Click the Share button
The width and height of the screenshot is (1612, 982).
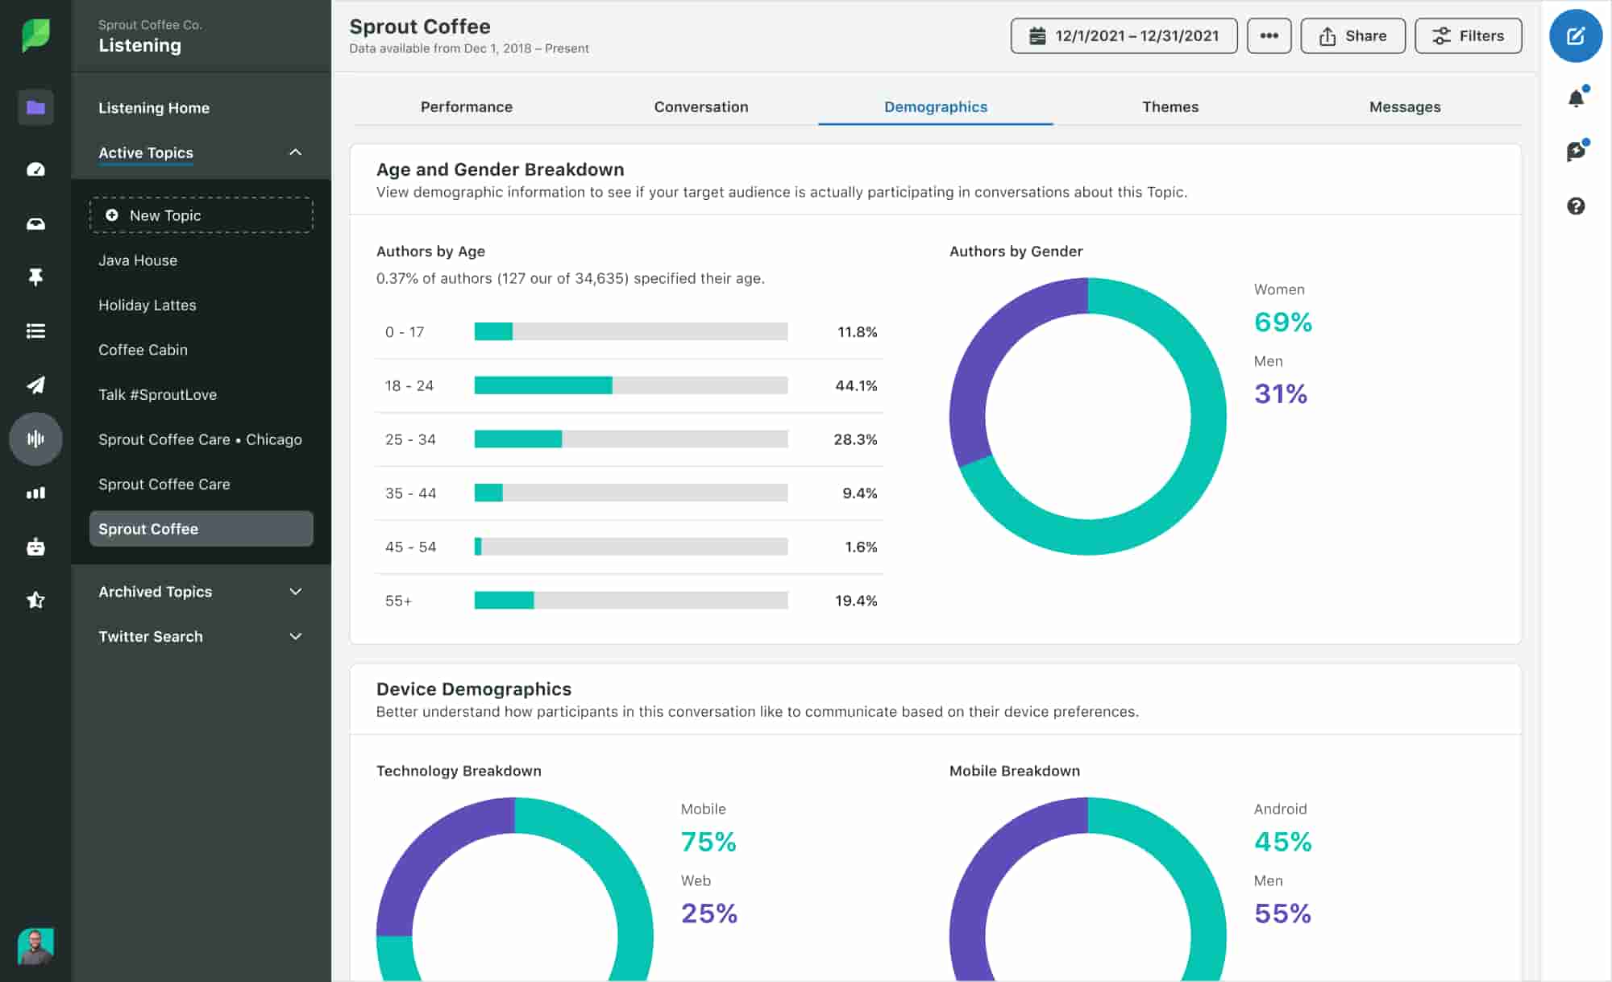(1352, 36)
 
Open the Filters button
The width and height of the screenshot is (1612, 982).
(1468, 36)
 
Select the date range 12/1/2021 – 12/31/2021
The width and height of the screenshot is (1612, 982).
(1124, 36)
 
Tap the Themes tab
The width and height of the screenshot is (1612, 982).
(1170, 107)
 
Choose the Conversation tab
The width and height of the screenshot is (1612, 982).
(700, 107)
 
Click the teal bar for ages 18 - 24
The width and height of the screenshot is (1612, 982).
(542, 385)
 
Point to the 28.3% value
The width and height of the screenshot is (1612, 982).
(855, 439)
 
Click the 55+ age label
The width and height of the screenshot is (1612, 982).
(398, 601)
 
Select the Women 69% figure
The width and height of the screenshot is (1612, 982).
(1282, 322)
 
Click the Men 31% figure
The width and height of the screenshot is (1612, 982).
(1280, 393)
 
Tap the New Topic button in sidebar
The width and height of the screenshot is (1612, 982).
(201, 215)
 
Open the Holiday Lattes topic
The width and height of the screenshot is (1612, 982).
(147, 305)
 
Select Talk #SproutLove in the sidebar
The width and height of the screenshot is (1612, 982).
(157, 394)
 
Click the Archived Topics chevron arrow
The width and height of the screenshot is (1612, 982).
(296, 592)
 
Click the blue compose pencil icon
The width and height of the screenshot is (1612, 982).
(1575, 36)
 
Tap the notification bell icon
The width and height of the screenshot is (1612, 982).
(1576, 98)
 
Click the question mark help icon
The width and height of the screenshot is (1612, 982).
(1576, 206)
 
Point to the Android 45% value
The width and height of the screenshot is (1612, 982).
(1282, 841)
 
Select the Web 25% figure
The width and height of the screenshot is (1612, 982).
(708, 913)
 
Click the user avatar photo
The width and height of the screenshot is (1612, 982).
(35, 946)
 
